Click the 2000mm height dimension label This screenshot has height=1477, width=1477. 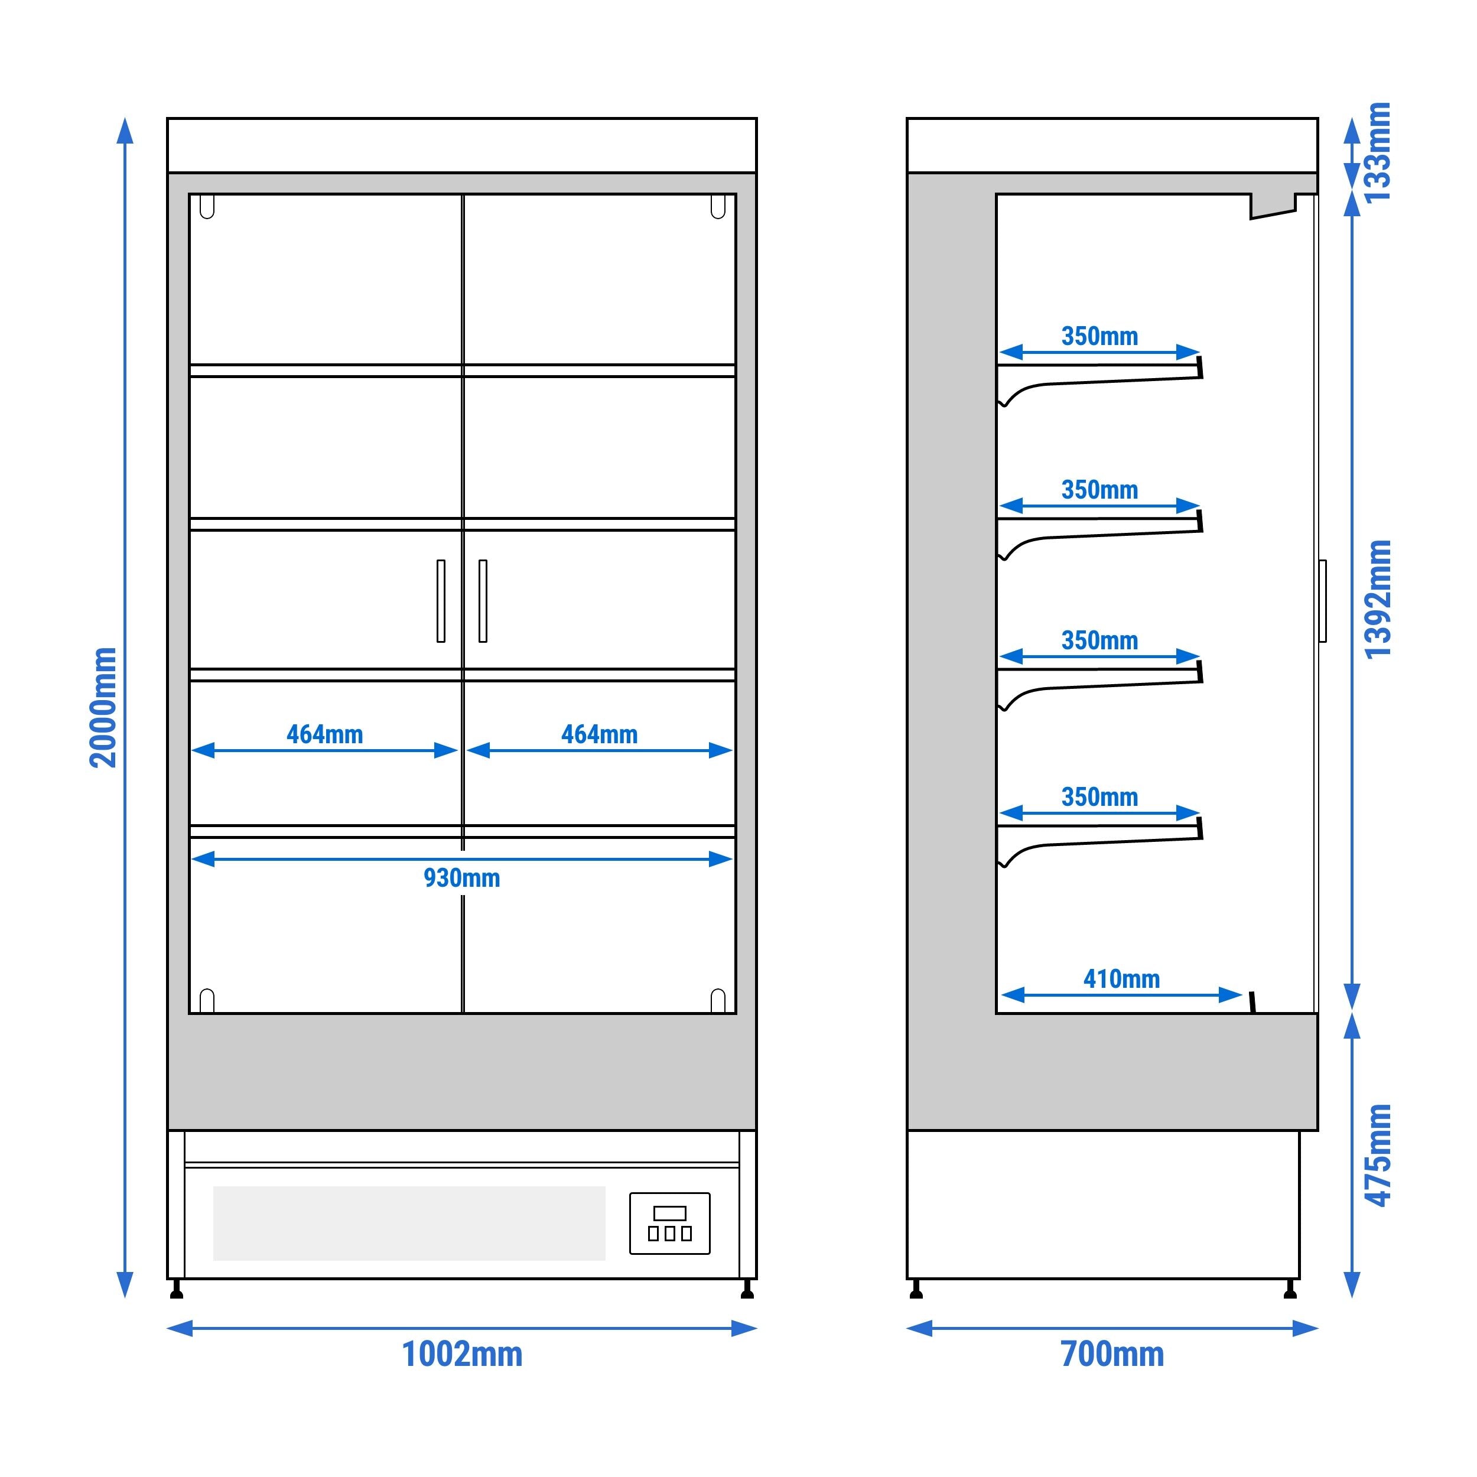103,707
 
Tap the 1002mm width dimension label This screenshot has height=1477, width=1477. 462,1376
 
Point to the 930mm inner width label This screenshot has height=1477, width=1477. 462,878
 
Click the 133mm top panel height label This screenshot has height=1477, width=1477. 1378,152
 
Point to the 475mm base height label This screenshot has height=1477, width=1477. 1378,1155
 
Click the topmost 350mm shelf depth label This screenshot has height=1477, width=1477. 1099,336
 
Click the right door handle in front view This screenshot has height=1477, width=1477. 483,601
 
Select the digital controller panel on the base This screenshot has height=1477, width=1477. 670,1223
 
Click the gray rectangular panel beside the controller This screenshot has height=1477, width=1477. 409,1223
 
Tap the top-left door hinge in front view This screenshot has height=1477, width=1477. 206,206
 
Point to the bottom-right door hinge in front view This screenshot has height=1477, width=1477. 718,1000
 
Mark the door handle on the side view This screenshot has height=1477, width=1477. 1323,601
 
